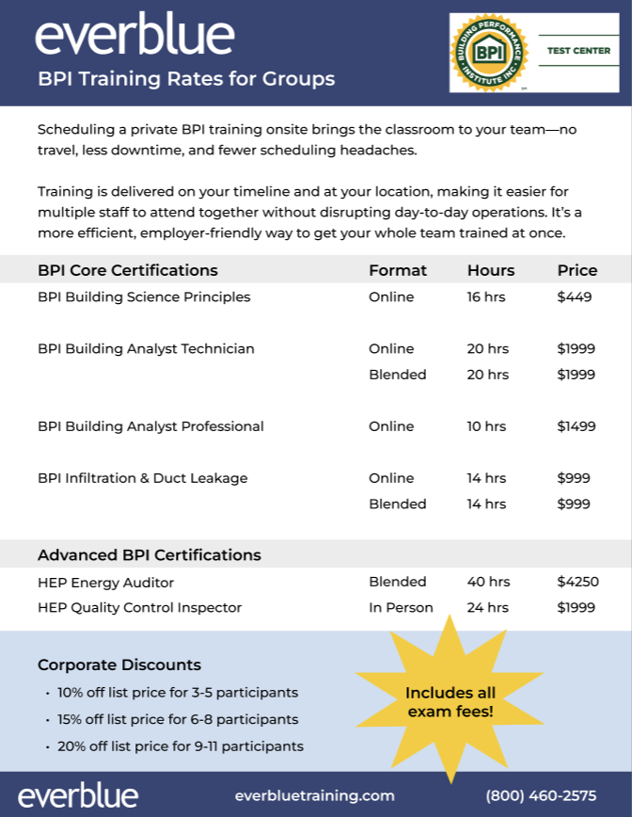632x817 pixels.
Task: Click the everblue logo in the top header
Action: tap(134, 36)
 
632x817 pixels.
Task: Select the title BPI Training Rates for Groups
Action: tap(186, 79)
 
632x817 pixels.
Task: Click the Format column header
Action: tap(397, 270)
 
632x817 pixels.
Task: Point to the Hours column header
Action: tap(490, 270)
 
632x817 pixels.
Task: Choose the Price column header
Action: tap(577, 270)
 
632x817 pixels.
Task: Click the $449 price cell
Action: tap(574, 296)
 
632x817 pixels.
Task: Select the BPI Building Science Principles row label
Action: tap(144, 296)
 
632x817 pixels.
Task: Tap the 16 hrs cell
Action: tap(486, 296)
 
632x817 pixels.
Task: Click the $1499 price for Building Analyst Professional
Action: tap(576, 426)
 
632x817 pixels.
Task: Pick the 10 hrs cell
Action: tap(486, 426)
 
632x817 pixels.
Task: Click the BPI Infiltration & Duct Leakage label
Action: tap(143, 478)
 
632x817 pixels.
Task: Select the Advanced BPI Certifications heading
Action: tap(150, 554)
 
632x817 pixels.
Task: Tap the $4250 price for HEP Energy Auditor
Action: tap(577, 582)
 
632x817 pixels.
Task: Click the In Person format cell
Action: tap(401, 608)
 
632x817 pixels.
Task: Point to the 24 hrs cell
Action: tap(487, 608)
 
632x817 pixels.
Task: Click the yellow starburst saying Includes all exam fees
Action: tap(450, 702)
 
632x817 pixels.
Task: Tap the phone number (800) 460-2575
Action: tap(541, 795)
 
